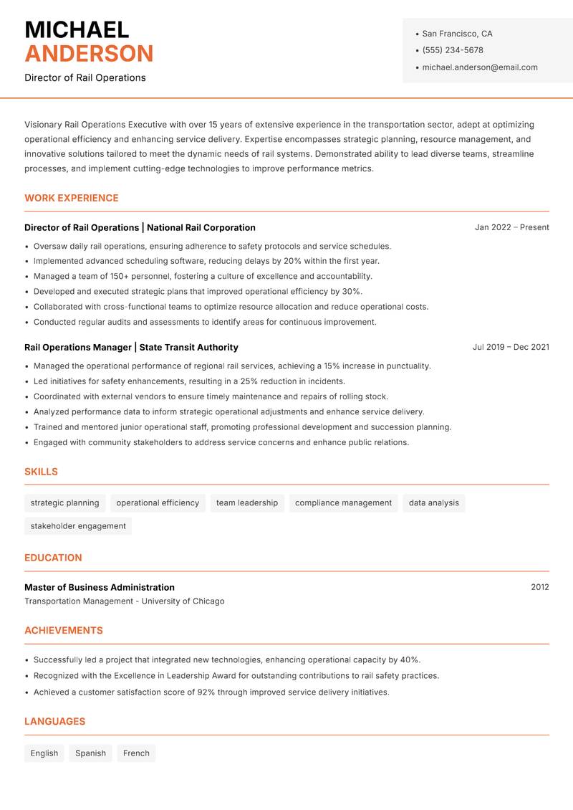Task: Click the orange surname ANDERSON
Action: click(x=89, y=54)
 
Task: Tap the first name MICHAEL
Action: click(x=77, y=29)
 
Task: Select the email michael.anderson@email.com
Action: click(x=479, y=67)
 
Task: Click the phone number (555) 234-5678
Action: click(x=452, y=50)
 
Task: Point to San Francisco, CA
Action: click(x=457, y=34)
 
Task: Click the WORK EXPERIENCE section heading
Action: click(x=72, y=198)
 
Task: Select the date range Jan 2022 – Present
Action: click(x=511, y=227)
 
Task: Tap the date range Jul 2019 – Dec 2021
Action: click(x=511, y=347)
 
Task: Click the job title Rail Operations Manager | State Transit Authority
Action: click(x=131, y=347)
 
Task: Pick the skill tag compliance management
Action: click(x=343, y=502)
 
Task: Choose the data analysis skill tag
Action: click(x=433, y=502)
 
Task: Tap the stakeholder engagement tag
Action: click(x=78, y=525)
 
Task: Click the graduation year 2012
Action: click(x=539, y=587)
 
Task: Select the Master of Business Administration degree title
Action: click(x=100, y=587)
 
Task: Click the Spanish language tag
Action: click(x=90, y=753)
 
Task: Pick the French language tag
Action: click(x=136, y=753)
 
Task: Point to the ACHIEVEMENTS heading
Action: click(x=64, y=631)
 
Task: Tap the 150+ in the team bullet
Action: click(x=120, y=276)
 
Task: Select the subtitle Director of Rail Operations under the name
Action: click(x=85, y=77)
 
